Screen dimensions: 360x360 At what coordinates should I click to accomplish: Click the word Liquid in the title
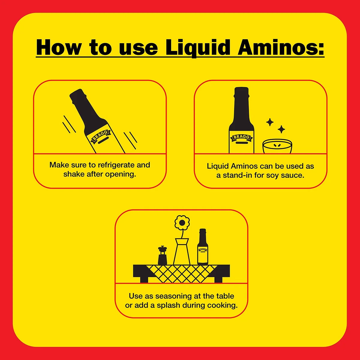[x=197, y=48]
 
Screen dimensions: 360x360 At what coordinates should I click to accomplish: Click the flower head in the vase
[x=182, y=223]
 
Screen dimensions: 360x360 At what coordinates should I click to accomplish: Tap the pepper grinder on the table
[x=162, y=255]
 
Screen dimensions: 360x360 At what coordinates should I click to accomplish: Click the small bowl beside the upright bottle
[x=277, y=147]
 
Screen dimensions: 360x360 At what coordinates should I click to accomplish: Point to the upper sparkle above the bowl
[x=270, y=122]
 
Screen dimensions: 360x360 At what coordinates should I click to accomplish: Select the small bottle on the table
[x=202, y=247]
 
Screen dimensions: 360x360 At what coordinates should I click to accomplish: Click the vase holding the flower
[x=181, y=251]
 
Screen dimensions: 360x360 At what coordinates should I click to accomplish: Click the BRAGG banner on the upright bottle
[x=241, y=137]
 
